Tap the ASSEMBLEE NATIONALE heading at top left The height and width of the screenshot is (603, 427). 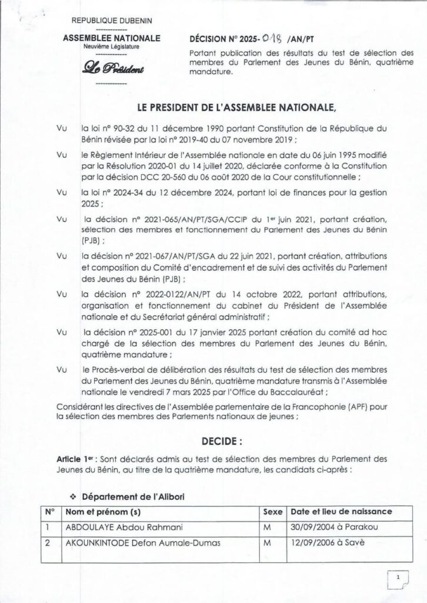point(111,38)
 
